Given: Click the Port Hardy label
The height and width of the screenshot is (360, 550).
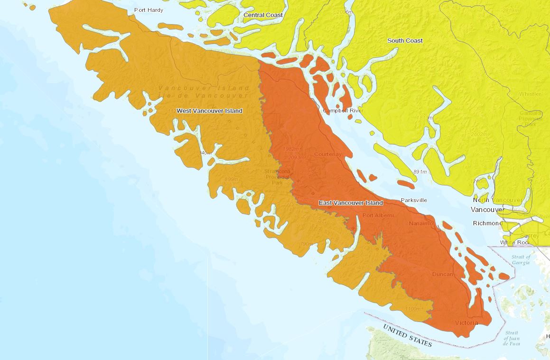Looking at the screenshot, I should [149, 10].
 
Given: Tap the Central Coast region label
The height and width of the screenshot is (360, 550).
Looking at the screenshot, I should [263, 15].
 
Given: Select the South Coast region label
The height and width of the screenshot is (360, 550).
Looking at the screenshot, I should [405, 41].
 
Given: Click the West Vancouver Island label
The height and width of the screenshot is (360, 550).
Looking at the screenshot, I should [209, 111].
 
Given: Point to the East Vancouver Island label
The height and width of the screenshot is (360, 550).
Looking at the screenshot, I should [350, 203].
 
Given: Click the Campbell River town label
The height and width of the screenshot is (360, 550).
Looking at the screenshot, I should [343, 111].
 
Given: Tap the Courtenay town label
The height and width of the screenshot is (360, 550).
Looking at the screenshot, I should [327, 154].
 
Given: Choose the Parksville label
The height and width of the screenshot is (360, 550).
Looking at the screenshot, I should [414, 200].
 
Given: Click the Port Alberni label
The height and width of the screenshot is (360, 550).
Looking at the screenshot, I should [378, 215].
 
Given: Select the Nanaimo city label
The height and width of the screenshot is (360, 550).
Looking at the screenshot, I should [420, 223].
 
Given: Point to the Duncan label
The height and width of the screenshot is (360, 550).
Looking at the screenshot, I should [442, 275].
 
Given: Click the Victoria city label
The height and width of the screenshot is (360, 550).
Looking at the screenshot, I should [466, 323].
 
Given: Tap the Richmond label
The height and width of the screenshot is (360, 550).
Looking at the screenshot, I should [487, 223].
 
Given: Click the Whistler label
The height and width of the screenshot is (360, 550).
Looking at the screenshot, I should [530, 94].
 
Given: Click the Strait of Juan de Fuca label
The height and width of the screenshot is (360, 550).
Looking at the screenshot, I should [512, 338].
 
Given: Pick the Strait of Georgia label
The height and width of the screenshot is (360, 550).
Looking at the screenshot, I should [521, 259].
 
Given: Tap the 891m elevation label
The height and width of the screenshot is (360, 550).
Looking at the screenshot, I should [420, 172].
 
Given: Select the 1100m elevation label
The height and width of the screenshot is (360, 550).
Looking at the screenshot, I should [413, 309].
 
